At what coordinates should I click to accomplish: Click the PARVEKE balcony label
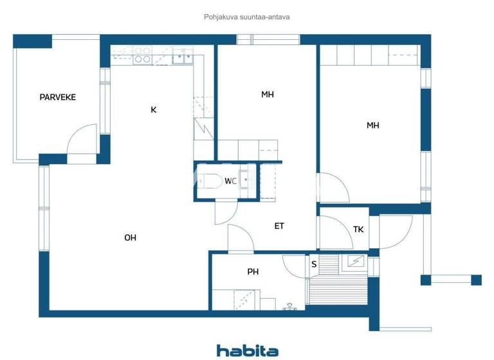pos(58,97)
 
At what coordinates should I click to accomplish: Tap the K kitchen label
pos(153,110)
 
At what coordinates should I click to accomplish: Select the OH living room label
pos(130,238)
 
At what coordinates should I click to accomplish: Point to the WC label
pos(230,181)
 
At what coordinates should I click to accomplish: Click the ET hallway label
pos(279,226)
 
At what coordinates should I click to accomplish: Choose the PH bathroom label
pos(253,272)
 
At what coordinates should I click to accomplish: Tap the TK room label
pos(358,230)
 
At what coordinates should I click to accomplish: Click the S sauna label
pos(314,264)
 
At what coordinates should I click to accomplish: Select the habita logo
pos(247,350)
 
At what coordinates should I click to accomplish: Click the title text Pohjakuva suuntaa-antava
pos(247,17)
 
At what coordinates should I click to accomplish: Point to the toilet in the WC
pos(210,181)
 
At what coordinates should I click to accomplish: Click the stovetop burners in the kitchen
pos(142,55)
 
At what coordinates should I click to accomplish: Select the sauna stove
pos(355,262)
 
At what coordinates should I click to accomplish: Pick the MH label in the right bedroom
pos(372,125)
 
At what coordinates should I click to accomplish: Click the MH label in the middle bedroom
pos(268,94)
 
